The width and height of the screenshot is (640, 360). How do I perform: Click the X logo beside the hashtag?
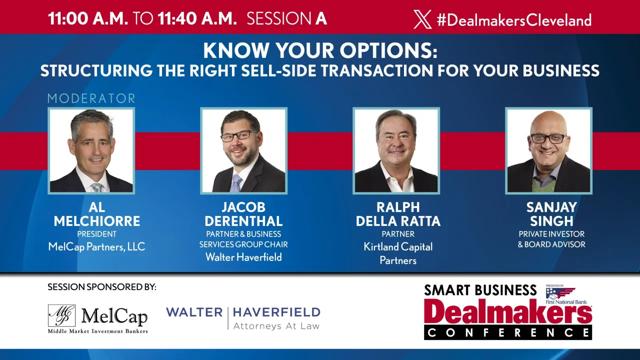point(422,19)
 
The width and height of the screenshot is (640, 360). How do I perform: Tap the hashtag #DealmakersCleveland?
point(514,20)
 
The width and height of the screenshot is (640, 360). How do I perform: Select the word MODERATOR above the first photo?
point(91,98)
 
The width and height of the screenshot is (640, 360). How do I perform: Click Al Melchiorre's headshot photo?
point(91,150)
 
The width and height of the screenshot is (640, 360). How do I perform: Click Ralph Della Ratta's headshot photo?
point(396,150)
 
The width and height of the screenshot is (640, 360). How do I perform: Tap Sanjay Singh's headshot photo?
point(548,150)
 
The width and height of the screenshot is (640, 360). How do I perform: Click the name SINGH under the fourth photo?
point(551,221)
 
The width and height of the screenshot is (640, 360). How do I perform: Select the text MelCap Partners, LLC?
point(96,246)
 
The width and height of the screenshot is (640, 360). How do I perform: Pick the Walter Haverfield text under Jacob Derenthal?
point(243,257)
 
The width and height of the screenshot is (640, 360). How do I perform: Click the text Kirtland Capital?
point(398,247)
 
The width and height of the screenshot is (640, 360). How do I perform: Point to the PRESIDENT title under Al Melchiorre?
point(96,234)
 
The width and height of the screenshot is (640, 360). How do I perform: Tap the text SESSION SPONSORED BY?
point(102,287)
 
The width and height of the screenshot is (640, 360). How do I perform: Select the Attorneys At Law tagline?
point(276,326)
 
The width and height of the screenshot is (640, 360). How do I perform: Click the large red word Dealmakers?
point(507,312)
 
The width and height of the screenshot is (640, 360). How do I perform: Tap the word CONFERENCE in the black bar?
point(507,332)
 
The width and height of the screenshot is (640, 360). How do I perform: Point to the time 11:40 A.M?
point(197,19)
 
